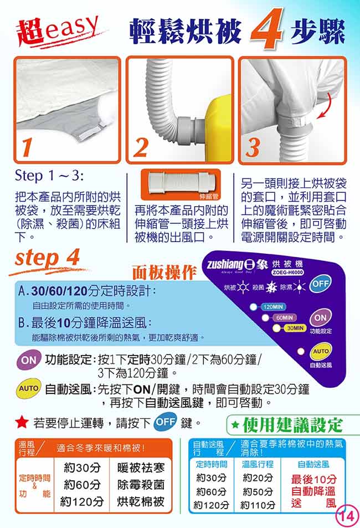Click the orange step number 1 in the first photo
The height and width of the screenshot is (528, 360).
(27, 148)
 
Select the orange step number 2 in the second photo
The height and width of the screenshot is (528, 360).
(141, 147)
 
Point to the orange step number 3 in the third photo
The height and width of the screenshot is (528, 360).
(253, 147)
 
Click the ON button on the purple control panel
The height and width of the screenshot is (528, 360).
(320, 317)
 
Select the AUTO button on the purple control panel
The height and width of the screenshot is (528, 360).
(321, 351)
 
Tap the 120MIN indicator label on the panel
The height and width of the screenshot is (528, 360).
(273, 307)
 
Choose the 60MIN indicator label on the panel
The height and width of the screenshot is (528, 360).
(284, 317)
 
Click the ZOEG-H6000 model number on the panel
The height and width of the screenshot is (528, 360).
(288, 273)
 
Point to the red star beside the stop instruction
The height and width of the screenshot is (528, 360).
(22, 422)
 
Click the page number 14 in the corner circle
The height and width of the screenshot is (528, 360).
(347, 516)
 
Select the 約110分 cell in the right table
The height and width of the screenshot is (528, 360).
(258, 505)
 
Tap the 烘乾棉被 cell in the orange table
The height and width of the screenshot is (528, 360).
(141, 502)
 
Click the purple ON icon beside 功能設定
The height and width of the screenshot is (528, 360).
(29, 360)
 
